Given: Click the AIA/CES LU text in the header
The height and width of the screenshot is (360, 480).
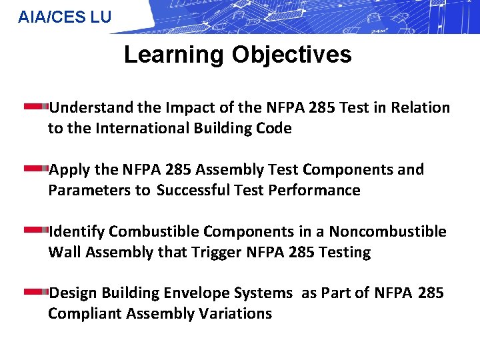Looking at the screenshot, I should click(65, 17).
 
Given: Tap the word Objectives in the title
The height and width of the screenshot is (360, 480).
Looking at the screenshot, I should click(291, 55).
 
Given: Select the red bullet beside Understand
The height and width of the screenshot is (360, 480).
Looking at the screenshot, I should click(36, 107).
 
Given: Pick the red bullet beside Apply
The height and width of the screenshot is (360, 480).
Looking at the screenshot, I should click(36, 169).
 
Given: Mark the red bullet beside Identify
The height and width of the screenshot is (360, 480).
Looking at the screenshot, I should click(36, 231).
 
